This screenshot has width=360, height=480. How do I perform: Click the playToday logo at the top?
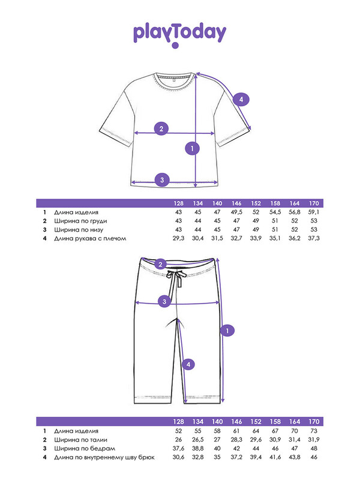[x=179, y=35]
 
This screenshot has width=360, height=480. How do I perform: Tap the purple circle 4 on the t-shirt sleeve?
[x=240, y=100]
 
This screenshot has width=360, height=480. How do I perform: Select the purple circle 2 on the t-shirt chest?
[x=161, y=128]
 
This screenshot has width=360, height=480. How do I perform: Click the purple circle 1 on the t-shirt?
[x=192, y=148]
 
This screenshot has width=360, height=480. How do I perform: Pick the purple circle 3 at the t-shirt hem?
[x=161, y=179]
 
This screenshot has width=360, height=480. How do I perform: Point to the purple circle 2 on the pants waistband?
[x=160, y=265]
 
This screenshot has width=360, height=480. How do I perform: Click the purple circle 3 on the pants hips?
[x=164, y=302]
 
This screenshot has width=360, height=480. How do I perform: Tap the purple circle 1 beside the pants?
[x=227, y=329]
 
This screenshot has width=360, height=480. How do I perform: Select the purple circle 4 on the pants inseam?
[x=188, y=364]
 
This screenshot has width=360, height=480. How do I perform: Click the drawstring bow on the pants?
[x=178, y=277]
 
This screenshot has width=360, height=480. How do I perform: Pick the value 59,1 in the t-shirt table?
[x=314, y=212]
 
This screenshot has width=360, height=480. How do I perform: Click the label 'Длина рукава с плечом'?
[x=90, y=238]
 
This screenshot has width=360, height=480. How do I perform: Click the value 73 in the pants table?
[x=314, y=431]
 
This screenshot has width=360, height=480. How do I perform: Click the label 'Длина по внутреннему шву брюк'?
[x=104, y=458]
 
